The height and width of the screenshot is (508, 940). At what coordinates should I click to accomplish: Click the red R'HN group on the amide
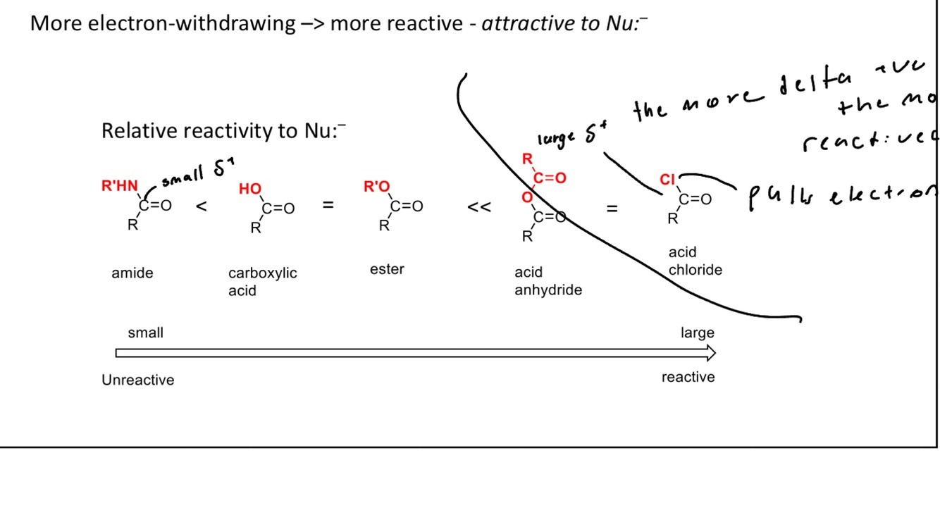click(120, 187)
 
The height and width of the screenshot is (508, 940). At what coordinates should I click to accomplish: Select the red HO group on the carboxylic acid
click(250, 189)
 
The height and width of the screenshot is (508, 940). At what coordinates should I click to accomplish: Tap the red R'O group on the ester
click(377, 187)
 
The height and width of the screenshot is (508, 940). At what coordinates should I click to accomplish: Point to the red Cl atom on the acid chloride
click(667, 180)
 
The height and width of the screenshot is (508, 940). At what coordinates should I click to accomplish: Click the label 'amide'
click(132, 273)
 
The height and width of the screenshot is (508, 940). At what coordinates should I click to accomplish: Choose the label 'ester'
click(387, 269)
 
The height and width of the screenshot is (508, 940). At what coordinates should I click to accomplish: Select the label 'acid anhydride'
click(548, 281)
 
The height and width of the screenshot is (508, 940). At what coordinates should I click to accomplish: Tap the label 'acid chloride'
click(695, 261)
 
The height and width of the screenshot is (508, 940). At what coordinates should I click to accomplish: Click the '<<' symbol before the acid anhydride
click(479, 208)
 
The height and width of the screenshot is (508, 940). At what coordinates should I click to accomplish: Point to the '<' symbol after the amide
click(202, 207)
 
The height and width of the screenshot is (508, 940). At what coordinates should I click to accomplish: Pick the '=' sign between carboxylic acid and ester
click(328, 206)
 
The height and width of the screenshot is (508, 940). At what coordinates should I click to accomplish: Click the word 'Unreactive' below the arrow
click(137, 380)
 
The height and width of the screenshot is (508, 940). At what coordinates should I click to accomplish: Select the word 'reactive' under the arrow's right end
click(688, 378)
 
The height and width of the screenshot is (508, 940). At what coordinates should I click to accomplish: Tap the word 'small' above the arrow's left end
click(145, 333)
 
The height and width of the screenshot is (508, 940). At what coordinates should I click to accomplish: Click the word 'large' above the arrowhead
click(697, 333)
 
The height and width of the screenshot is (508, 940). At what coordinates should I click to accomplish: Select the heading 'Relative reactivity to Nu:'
click(223, 131)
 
